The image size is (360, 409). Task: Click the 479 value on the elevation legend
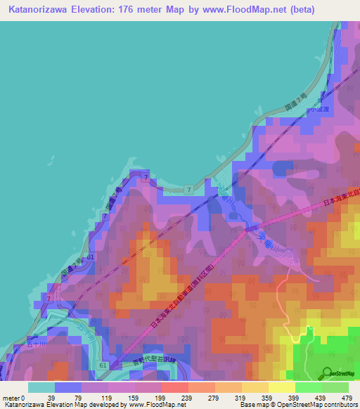click(347, 398)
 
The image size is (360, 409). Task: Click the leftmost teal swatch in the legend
click(41, 387)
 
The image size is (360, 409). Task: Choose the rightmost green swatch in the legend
click(335, 387)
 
